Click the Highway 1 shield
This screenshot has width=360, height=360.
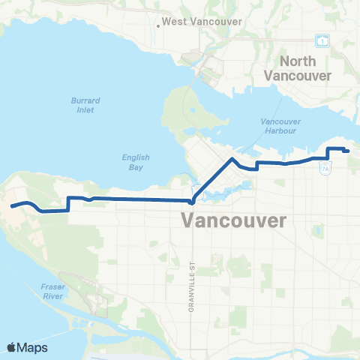tap(322, 39)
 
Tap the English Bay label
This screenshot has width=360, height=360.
tap(136, 163)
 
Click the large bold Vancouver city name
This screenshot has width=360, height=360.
tap(234, 221)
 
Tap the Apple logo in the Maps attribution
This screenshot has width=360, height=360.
tap(12, 347)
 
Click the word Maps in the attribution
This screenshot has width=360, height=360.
tap(33, 347)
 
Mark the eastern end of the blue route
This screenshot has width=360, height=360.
tap(348, 151)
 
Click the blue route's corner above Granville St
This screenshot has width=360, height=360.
tap(192, 201)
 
